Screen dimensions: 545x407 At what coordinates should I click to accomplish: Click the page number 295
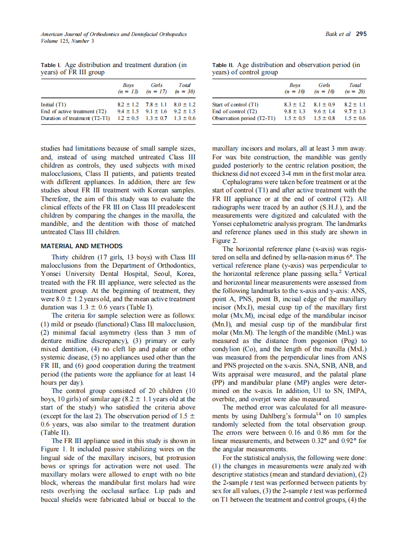[x=361, y=34]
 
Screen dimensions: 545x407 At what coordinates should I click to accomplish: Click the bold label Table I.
[x=50, y=65]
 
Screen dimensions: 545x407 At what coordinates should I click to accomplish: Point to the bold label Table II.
[x=223, y=65]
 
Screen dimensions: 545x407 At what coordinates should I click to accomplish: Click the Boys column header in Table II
[x=295, y=85]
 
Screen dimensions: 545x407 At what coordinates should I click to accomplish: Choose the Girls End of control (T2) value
[x=324, y=111]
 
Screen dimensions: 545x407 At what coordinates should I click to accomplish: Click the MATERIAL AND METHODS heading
[x=82, y=246]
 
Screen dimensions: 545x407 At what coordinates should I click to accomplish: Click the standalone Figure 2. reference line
[x=224, y=240]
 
